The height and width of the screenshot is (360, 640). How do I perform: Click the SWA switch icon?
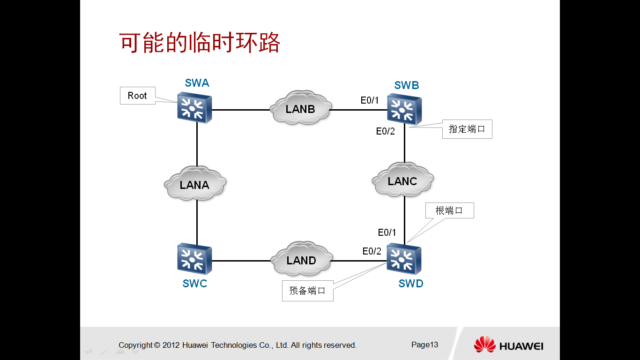(194, 108)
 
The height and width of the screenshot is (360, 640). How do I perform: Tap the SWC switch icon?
(194, 259)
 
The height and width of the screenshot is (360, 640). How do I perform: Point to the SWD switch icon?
(404, 259)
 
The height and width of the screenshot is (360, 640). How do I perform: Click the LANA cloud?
(195, 184)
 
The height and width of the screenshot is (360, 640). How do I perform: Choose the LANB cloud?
(301, 108)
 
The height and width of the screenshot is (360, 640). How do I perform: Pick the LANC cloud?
(402, 180)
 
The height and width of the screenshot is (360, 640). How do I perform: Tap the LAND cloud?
(301, 260)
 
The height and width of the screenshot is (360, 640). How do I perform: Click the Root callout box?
(137, 96)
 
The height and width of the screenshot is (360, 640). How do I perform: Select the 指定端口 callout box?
(467, 129)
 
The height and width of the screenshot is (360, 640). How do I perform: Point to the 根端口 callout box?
(449, 210)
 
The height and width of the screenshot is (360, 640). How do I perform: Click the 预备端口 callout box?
(307, 291)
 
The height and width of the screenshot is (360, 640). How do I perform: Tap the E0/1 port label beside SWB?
(369, 100)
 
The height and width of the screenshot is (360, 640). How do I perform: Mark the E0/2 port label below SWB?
(385, 131)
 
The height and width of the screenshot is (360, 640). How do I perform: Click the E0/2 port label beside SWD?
(372, 251)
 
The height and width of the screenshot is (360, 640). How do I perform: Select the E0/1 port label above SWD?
(387, 232)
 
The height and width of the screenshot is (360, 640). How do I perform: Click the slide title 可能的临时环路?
(200, 44)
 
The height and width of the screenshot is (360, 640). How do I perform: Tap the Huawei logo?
(508, 345)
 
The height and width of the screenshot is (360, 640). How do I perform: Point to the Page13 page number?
(424, 345)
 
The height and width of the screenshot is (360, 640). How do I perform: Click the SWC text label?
(195, 284)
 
